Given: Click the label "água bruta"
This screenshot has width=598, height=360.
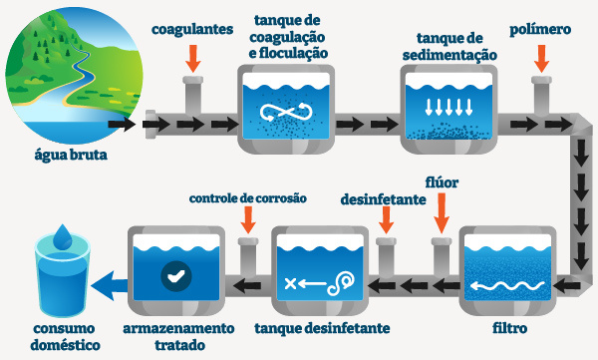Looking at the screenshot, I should click(x=67, y=155).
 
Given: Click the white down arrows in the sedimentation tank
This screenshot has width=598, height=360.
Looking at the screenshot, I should click(x=448, y=107).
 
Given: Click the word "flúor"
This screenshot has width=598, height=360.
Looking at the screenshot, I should click(x=442, y=184).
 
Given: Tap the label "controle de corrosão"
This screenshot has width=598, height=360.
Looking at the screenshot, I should click(x=248, y=197).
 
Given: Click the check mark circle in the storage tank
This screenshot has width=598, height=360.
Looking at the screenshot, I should click(x=177, y=273).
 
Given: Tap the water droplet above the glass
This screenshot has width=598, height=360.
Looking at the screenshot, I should click(x=61, y=237).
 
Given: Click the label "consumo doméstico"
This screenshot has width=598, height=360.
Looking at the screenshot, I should click(x=64, y=336).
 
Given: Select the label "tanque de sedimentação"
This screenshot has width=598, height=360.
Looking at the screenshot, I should click(x=447, y=46).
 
